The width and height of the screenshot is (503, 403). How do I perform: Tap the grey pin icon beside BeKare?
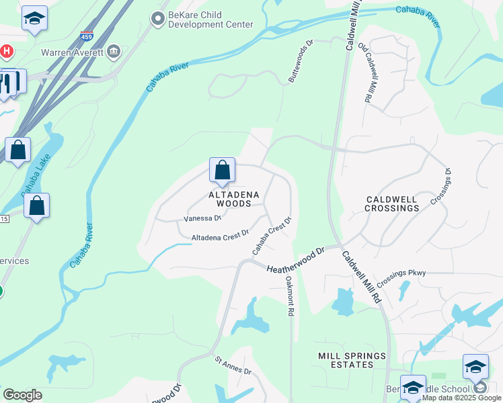tap(158, 19)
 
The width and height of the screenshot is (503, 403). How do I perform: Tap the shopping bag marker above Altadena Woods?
tap(222, 171)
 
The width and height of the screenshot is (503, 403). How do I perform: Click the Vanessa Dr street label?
tap(202, 218)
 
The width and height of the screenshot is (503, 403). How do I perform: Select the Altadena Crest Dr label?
tap(220, 237)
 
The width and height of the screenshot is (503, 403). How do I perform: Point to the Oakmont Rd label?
tap(290, 296)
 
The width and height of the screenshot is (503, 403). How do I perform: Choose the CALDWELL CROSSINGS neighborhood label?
tap(392, 204)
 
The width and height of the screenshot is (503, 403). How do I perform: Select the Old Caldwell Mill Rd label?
tap(365, 73)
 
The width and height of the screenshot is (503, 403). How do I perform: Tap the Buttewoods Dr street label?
tap(301, 61)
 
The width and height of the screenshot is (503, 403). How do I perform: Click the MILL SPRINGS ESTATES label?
tap(353, 360)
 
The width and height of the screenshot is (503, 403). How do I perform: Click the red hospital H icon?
tap(7, 51)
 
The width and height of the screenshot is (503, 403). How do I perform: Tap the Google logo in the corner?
tap(22, 395)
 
